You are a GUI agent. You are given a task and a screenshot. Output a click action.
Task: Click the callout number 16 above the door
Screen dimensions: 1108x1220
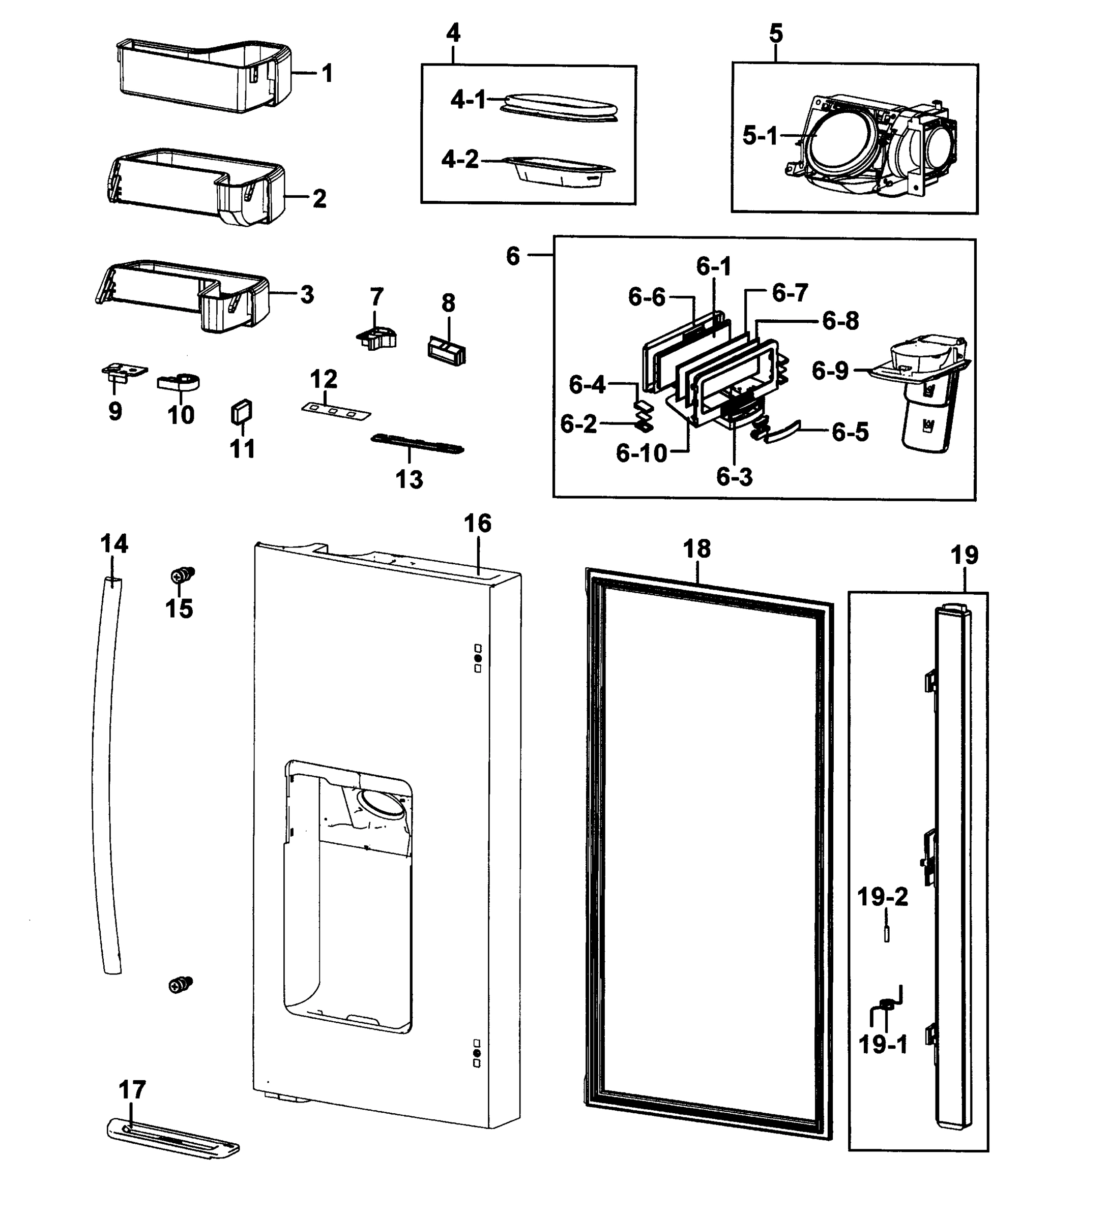(477, 524)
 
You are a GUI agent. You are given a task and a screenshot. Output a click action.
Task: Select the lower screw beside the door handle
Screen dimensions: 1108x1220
(181, 985)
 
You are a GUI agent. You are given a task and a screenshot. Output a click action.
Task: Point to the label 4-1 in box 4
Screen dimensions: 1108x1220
(468, 99)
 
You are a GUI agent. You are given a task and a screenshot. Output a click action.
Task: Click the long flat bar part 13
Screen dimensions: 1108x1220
(418, 444)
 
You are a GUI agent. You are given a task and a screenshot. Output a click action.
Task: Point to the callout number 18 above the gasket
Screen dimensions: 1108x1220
(696, 550)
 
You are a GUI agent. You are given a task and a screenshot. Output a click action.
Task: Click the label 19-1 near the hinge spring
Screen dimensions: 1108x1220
(883, 1045)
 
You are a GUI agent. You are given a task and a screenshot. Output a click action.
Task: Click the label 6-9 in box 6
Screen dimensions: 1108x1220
(830, 371)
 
